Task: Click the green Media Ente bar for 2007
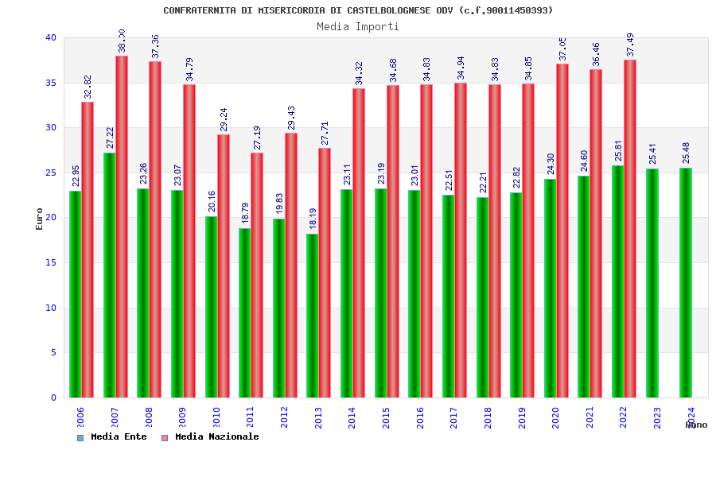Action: pyautogui.click(x=109, y=274)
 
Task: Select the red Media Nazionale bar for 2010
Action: pyautogui.click(x=224, y=266)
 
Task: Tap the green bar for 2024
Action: pyautogui.click(x=686, y=282)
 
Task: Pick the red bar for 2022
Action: pyautogui.click(x=630, y=228)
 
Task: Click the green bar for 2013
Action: pyautogui.click(x=313, y=316)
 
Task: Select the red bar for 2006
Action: pyautogui.click(x=88, y=250)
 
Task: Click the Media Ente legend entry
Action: pyautogui.click(x=112, y=436)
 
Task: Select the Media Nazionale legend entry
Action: pyautogui.click(x=210, y=436)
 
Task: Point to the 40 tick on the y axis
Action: pyautogui.click(x=51, y=37)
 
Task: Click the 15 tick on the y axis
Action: pyautogui.click(x=51, y=262)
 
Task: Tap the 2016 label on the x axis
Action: pyautogui.click(x=420, y=418)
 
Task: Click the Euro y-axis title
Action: pyautogui.click(x=40, y=219)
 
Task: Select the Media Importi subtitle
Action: pyautogui.click(x=358, y=26)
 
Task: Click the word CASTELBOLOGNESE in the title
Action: pyautogui.click(x=389, y=10)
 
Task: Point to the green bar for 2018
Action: pyautogui.click(x=482, y=297)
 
